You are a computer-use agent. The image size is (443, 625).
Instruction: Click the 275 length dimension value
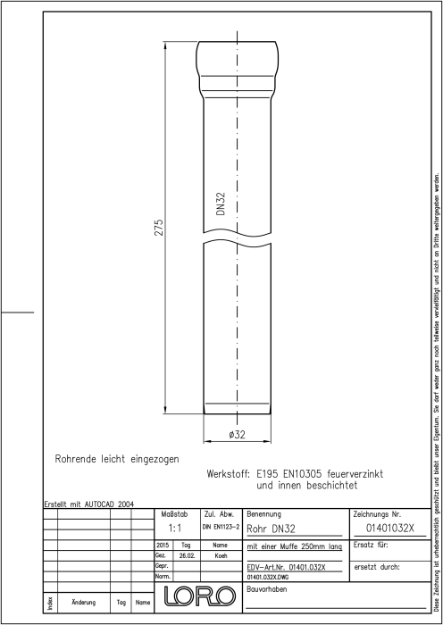pyautogui.click(x=159, y=227)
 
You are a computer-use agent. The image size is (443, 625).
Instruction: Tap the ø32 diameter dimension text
pyautogui.click(x=238, y=435)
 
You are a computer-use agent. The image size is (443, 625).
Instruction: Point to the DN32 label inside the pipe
pyautogui.click(x=221, y=204)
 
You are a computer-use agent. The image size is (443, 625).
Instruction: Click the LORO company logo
pyautogui.click(x=198, y=596)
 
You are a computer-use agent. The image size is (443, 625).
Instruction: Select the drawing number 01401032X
pyautogui.click(x=390, y=529)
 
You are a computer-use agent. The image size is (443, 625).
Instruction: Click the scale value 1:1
pyautogui.click(x=175, y=529)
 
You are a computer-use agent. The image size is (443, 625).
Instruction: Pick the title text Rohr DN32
pyautogui.click(x=272, y=529)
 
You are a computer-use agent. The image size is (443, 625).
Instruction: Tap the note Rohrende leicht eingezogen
pyautogui.click(x=117, y=459)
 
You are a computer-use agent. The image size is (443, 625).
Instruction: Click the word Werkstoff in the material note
pyautogui.click(x=228, y=474)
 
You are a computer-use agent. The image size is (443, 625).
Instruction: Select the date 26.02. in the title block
pyautogui.click(x=186, y=556)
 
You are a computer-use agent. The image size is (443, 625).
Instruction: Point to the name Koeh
pyautogui.click(x=221, y=556)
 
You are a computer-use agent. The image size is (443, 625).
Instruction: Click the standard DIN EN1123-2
pyautogui.click(x=221, y=528)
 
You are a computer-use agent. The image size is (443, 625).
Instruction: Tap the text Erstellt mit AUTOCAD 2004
pyautogui.click(x=89, y=504)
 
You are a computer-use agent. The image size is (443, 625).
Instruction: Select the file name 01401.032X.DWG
pyautogui.click(x=268, y=577)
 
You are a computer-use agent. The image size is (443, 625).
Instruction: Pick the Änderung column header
pyautogui.click(x=84, y=603)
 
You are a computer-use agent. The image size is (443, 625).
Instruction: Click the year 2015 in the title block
pyautogui.click(x=163, y=545)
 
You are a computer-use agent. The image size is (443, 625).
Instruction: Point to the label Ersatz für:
pyautogui.click(x=371, y=545)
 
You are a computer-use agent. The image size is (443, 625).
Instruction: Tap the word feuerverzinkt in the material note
pyautogui.click(x=355, y=474)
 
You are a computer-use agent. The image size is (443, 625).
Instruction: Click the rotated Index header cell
pyautogui.click(x=51, y=603)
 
